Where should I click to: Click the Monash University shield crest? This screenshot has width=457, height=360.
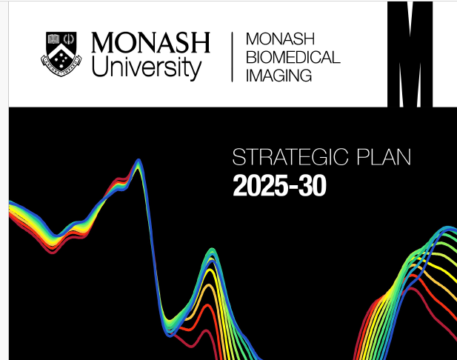[61, 54]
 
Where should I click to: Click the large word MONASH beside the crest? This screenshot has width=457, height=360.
[150, 42]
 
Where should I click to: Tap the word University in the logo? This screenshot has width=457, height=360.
[147, 67]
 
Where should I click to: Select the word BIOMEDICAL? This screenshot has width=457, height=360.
[293, 58]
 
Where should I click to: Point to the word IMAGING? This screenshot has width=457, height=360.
[279, 76]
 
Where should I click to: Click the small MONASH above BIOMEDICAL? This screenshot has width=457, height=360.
[281, 39]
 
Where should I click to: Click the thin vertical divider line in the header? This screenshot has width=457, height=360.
[232, 57]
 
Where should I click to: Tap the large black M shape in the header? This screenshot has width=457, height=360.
[410, 54]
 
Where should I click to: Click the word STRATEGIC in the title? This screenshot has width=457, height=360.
[290, 157]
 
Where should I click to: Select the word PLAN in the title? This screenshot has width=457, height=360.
[384, 157]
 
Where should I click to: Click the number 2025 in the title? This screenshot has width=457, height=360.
[260, 186]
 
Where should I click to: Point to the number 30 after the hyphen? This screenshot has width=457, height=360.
[312, 186]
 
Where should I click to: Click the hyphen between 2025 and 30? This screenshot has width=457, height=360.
[293, 187]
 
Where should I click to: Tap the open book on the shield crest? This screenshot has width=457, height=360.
[53, 39]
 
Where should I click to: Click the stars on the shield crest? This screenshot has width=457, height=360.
[61, 58]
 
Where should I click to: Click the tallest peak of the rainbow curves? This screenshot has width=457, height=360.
[139, 160]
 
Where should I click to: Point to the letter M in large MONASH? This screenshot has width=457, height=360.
[104, 42]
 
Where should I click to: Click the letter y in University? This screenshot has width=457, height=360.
[195, 70]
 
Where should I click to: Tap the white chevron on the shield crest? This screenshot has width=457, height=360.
[61, 50]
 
